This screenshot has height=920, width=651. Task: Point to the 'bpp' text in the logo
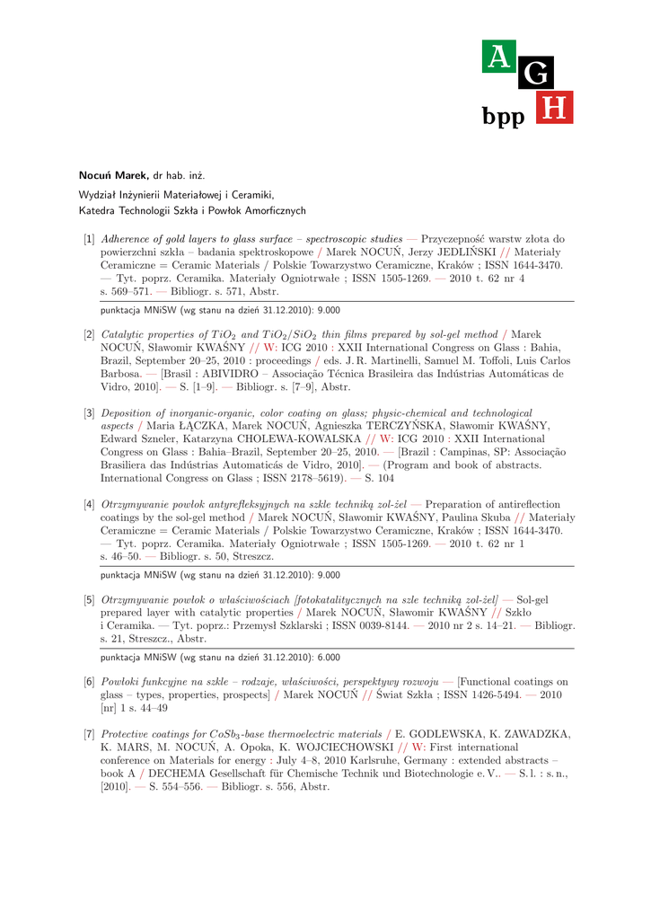(x=503, y=117)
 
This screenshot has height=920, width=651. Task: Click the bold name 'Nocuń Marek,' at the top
(x=114, y=174)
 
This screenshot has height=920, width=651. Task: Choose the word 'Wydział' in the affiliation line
(x=99, y=194)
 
